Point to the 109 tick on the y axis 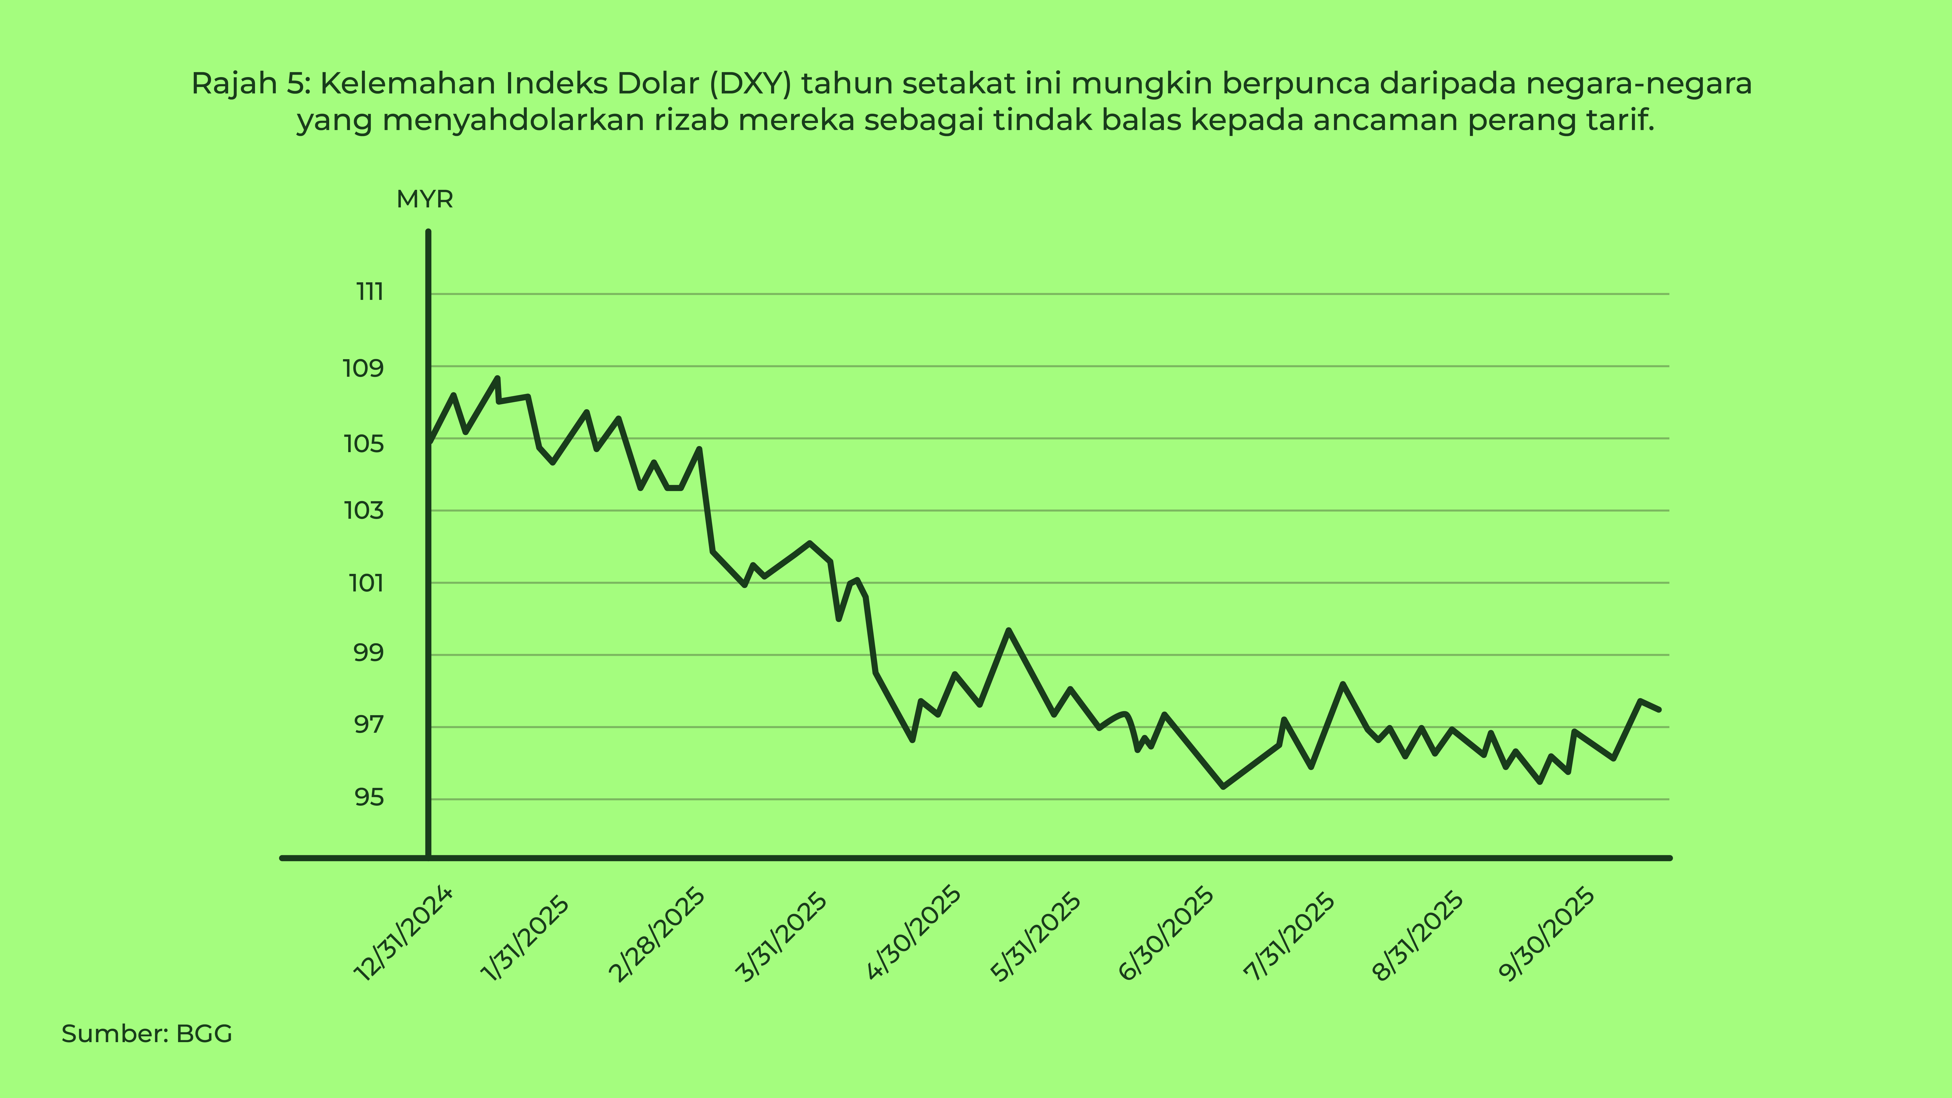click(364, 369)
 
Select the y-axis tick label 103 click(364, 511)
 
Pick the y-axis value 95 click(369, 797)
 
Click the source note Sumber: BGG click(146, 1034)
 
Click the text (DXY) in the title click(750, 83)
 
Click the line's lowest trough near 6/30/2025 click(1224, 787)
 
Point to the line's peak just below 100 click(1009, 630)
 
